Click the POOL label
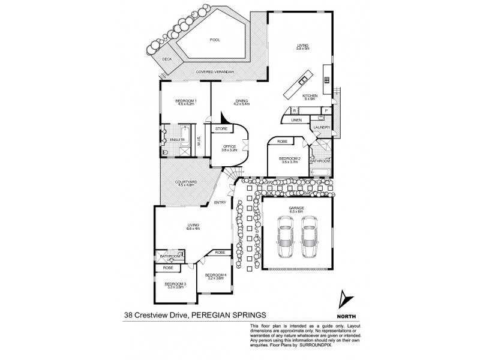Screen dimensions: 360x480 tap(215, 40)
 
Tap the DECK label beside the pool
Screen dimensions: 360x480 tap(166, 59)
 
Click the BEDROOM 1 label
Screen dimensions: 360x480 tap(185, 101)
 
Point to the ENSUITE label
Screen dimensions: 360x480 tap(176, 140)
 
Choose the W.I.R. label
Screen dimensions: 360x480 tap(197, 140)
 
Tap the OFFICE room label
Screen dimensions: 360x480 tap(230, 147)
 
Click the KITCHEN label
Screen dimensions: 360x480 tap(310, 96)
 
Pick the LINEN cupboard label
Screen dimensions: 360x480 tap(296, 121)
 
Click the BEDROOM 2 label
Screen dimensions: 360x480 tap(290, 158)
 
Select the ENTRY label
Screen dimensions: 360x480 tap(220, 202)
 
